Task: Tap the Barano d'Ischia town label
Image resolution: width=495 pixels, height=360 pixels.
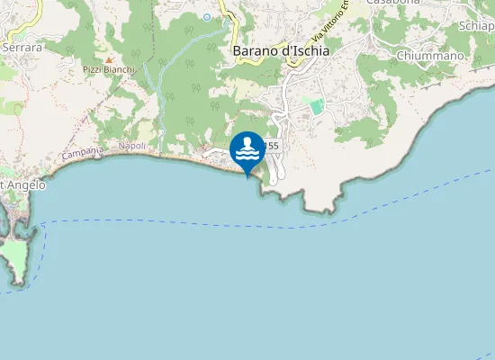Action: point(281,51)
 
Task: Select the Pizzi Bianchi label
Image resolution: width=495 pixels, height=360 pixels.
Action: point(109,69)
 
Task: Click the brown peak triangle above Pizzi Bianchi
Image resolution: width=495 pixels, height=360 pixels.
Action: point(109,58)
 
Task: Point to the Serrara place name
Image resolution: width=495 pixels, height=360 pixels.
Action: point(22,46)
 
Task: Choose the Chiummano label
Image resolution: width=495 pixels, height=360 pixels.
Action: point(430,56)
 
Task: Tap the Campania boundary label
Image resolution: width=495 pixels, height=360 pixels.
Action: point(80,154)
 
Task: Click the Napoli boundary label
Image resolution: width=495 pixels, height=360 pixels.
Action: point(131,146)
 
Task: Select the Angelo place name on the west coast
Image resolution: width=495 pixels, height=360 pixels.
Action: point(24,185)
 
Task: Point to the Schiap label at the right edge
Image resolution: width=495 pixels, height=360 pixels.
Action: point(476,26)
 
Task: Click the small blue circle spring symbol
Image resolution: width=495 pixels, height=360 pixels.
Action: point(207,16)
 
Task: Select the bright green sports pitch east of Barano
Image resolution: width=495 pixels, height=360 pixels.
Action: point(316,106)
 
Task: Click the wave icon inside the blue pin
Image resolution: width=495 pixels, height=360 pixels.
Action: point(247,148)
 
